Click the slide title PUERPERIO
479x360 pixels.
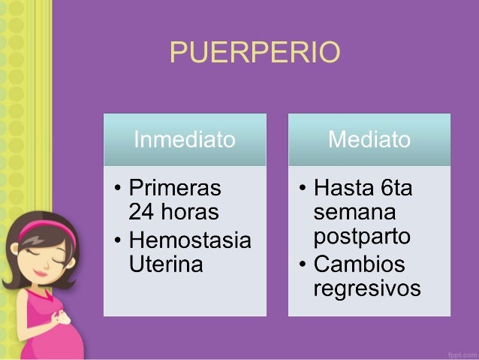click(x=255, y=53)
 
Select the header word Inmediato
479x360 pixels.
click(x=184, y=139)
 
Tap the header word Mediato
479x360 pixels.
click(x=369, y=139)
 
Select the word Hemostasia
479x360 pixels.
click(x=191, y=241)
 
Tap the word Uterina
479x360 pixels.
click(x=166, y=265)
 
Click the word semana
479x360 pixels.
click(x=354, y=211)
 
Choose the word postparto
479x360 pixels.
click(x=362, y=237)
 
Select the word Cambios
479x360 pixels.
click(x=359, y=264)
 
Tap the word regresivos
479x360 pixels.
click(x=367, y=289)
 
